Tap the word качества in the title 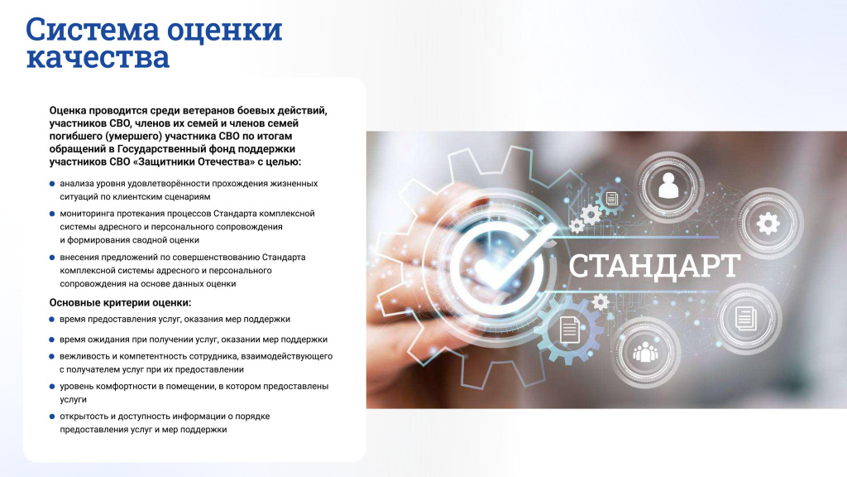pyautogui.click(x=98, y=57)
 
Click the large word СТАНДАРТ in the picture pyautogui.click(x=654, y=266)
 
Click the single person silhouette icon pyautogui.click(x=668, y=185)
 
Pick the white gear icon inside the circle pyautogui.click(x=768, y=224)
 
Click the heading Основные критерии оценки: pyautogui.click(x=121, y=302)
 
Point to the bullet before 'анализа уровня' pyautogui.click(x=52, y=184)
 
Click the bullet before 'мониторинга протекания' pyautogui.click(x=52, y=214)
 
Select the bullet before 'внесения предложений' pyautogui.click(x=52, y=258)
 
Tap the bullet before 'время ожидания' pyautogui.click(x=52, y=340)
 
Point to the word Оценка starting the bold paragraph pyautogui.click(x=68, y=111)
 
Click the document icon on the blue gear pyautogui.click(x=569, y=330)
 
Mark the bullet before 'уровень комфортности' pyautogui.click(x=52, y=387)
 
